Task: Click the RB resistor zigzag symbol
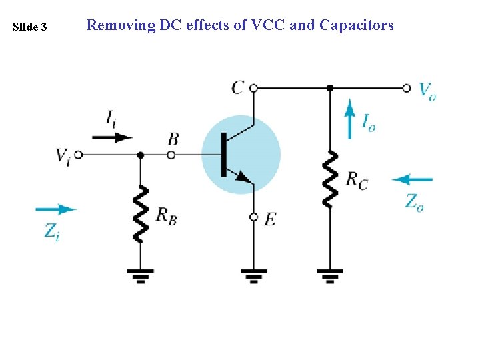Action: click(140, 213)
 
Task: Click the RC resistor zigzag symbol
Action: click(330, 179)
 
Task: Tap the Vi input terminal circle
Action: click(78, 155)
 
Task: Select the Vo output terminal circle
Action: click(407, 87)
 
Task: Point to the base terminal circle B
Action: click(171, 155)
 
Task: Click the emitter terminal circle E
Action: click(253, 217)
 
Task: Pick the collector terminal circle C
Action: click(253, 87)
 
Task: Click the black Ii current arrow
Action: click(112, 137)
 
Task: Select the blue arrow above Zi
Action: click(56, 209)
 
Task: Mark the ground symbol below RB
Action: click(140, 275)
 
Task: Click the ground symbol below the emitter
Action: click(253, 275)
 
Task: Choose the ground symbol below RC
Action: click(330, 275)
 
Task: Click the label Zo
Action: click(415, 201)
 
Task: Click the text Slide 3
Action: click(30, 27)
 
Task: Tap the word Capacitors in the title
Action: click(357, 25)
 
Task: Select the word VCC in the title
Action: click(267, 25)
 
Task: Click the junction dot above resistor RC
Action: click(330, 87)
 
